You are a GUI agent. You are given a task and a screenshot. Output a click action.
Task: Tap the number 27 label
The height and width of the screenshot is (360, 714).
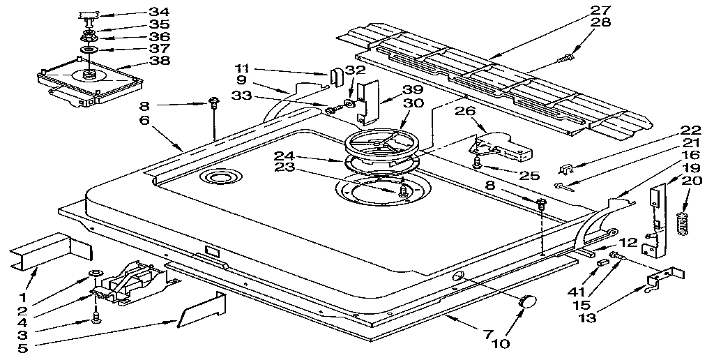(600, 10)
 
